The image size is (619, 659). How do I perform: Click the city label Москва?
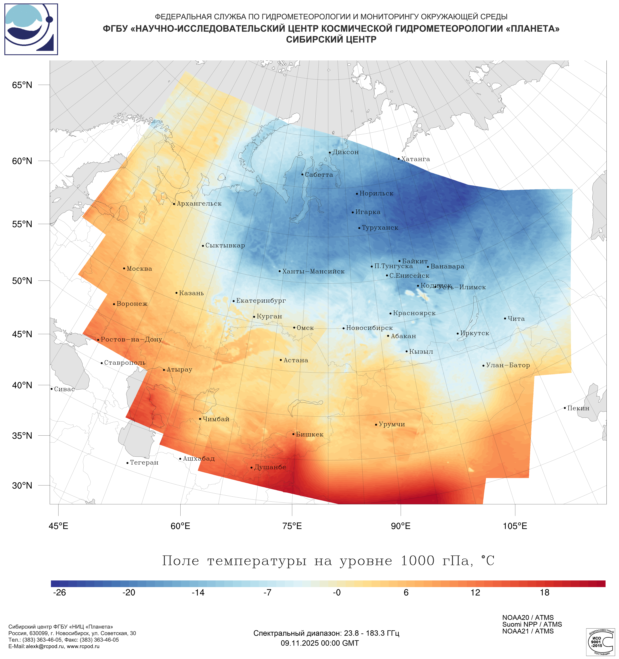tap(139, 269)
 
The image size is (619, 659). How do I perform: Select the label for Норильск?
tap(376, 194)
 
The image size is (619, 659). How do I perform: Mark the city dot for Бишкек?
tap(293, 434)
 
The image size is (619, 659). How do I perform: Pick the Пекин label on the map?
tap(578, 408)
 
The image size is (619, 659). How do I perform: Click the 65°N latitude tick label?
tap(22, 85)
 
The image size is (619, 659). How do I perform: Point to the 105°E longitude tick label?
tap(515, 526)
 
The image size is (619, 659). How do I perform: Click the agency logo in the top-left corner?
tap(31, 29)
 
